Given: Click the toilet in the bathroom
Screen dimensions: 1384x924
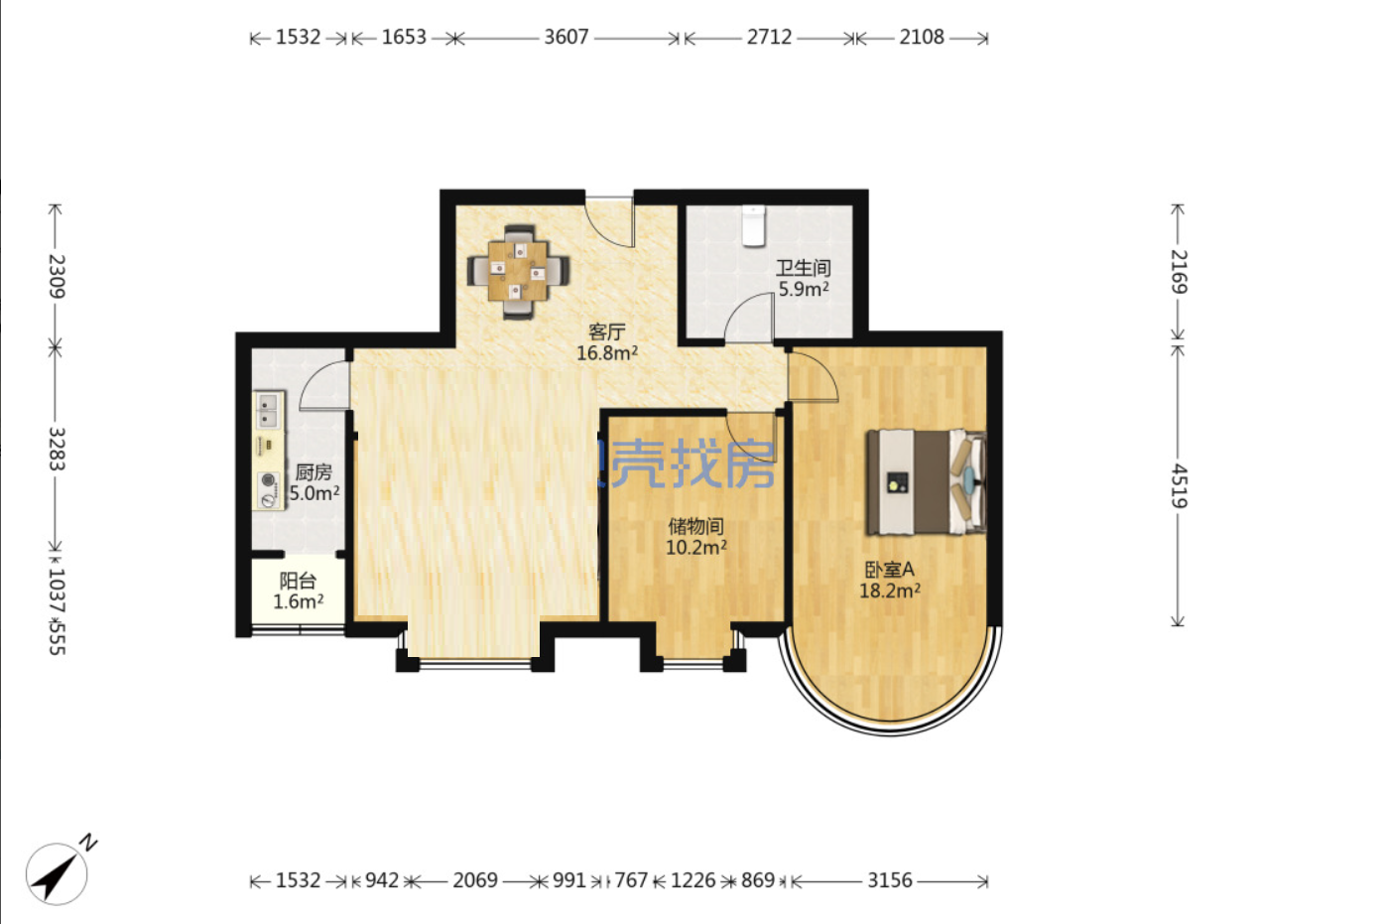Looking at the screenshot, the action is [x=753, y=226].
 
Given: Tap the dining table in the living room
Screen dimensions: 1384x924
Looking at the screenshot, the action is [x=518, y=271].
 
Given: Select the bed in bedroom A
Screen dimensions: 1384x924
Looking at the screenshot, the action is [x=926, y=482].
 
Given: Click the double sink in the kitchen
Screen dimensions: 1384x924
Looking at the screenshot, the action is [x=268, y=411].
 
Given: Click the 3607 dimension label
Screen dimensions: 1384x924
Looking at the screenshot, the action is [x=566, y=37].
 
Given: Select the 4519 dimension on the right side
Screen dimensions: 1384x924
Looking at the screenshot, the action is [x=1179, y=485].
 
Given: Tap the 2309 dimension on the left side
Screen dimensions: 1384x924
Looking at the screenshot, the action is [x=57, y=276].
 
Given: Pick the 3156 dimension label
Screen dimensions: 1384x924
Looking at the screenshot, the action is [x=890, y=880].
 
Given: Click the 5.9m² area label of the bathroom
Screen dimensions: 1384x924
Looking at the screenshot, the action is [x=804, y=289].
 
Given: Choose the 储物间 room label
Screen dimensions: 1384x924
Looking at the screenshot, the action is [x=695, y=527].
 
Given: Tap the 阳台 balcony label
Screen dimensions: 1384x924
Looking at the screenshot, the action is [x=298, y=581].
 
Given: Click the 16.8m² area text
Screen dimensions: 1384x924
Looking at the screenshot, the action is [x=607, y=353].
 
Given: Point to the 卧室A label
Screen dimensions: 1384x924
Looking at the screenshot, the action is [x=889, y=570].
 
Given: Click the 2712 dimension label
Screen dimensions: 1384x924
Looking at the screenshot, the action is [x=769, y=37].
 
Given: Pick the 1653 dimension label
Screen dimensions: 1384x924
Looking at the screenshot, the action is [x=404, y=37].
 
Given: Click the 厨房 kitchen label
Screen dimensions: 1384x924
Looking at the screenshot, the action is [x=314, y=472].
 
